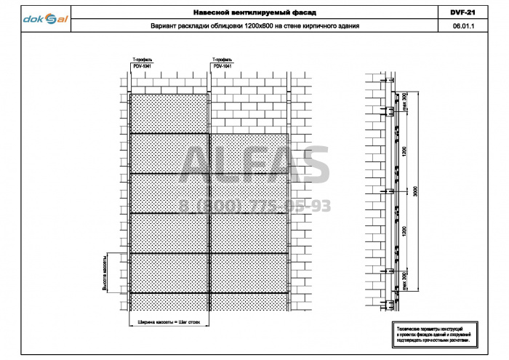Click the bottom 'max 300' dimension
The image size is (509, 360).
coord(404,281)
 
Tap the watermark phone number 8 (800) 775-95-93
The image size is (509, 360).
coord(254,207)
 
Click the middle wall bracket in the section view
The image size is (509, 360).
coord(391,191)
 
